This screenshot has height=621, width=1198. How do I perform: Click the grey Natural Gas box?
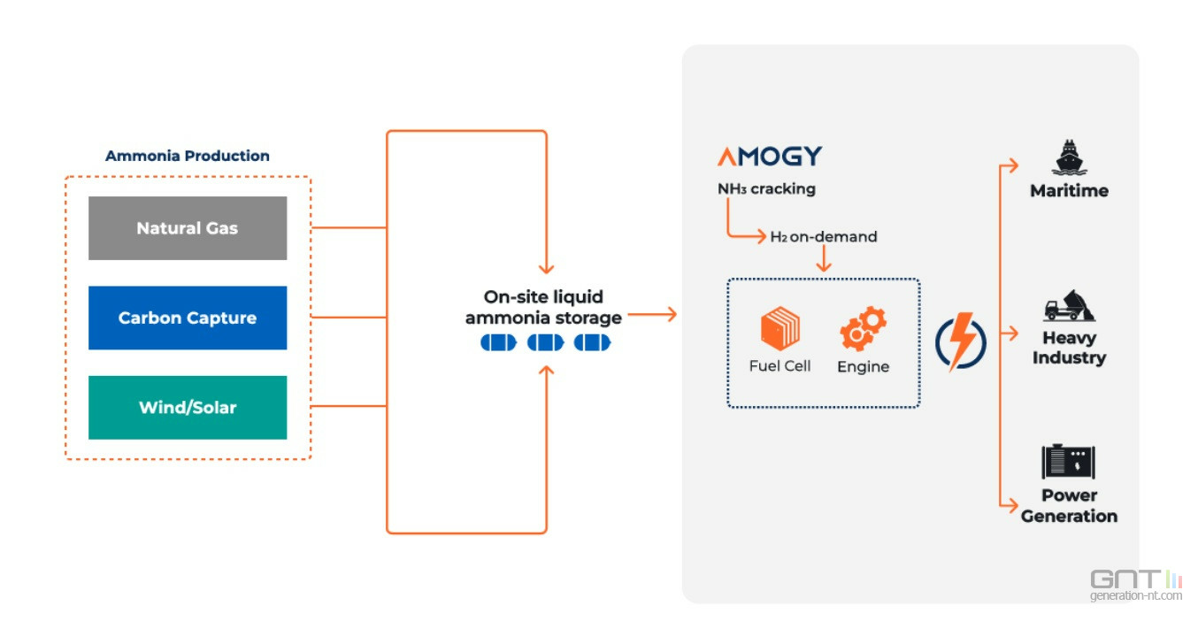click(188, 228)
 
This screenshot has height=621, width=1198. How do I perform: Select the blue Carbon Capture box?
click(188, 318)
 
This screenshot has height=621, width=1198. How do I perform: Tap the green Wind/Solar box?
click(188, 408)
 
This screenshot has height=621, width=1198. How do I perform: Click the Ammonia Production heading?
click(188, 156)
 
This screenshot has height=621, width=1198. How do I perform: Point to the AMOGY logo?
click(769, 157)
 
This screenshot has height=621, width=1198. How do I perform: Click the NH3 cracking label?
click(766, 188)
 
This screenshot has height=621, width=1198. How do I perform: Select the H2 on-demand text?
click(823, 237)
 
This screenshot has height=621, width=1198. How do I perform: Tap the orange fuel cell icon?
click(779, 328)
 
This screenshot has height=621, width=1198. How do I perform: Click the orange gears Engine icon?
click(863, 328)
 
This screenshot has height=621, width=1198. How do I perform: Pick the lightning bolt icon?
click(961, 341)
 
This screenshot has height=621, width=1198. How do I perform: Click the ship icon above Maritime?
click(1069, 157)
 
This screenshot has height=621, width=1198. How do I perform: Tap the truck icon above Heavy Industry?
click(1069, 305)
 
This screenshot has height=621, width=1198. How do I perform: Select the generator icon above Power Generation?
click(1069, 461)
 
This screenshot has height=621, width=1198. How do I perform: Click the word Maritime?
click(1069, 190)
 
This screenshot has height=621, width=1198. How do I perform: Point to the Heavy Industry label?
click(1069, 348)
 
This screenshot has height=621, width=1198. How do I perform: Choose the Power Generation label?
click(1069, 506)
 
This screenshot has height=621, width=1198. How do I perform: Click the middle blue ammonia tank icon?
click(545, 342)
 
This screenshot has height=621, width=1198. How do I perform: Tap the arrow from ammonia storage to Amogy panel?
click(652, 313)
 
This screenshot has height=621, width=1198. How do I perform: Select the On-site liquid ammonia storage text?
click(543, 307)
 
